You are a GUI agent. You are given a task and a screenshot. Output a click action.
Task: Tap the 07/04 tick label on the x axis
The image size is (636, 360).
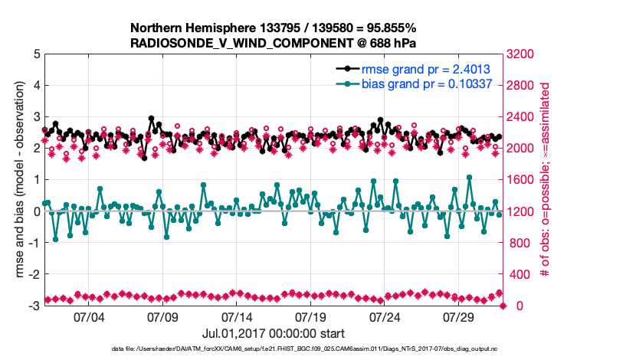89,316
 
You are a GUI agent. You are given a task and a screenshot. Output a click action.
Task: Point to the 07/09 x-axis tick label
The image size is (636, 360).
163,316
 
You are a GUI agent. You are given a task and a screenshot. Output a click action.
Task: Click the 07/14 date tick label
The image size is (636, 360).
238,316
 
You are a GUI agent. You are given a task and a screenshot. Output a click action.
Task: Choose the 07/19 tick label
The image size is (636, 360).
312,316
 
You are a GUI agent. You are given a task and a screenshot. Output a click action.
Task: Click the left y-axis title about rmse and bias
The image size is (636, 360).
17,180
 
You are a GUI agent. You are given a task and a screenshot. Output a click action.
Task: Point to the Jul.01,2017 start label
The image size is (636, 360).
273,333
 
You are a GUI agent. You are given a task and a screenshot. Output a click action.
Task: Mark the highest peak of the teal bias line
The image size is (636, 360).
469,177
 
